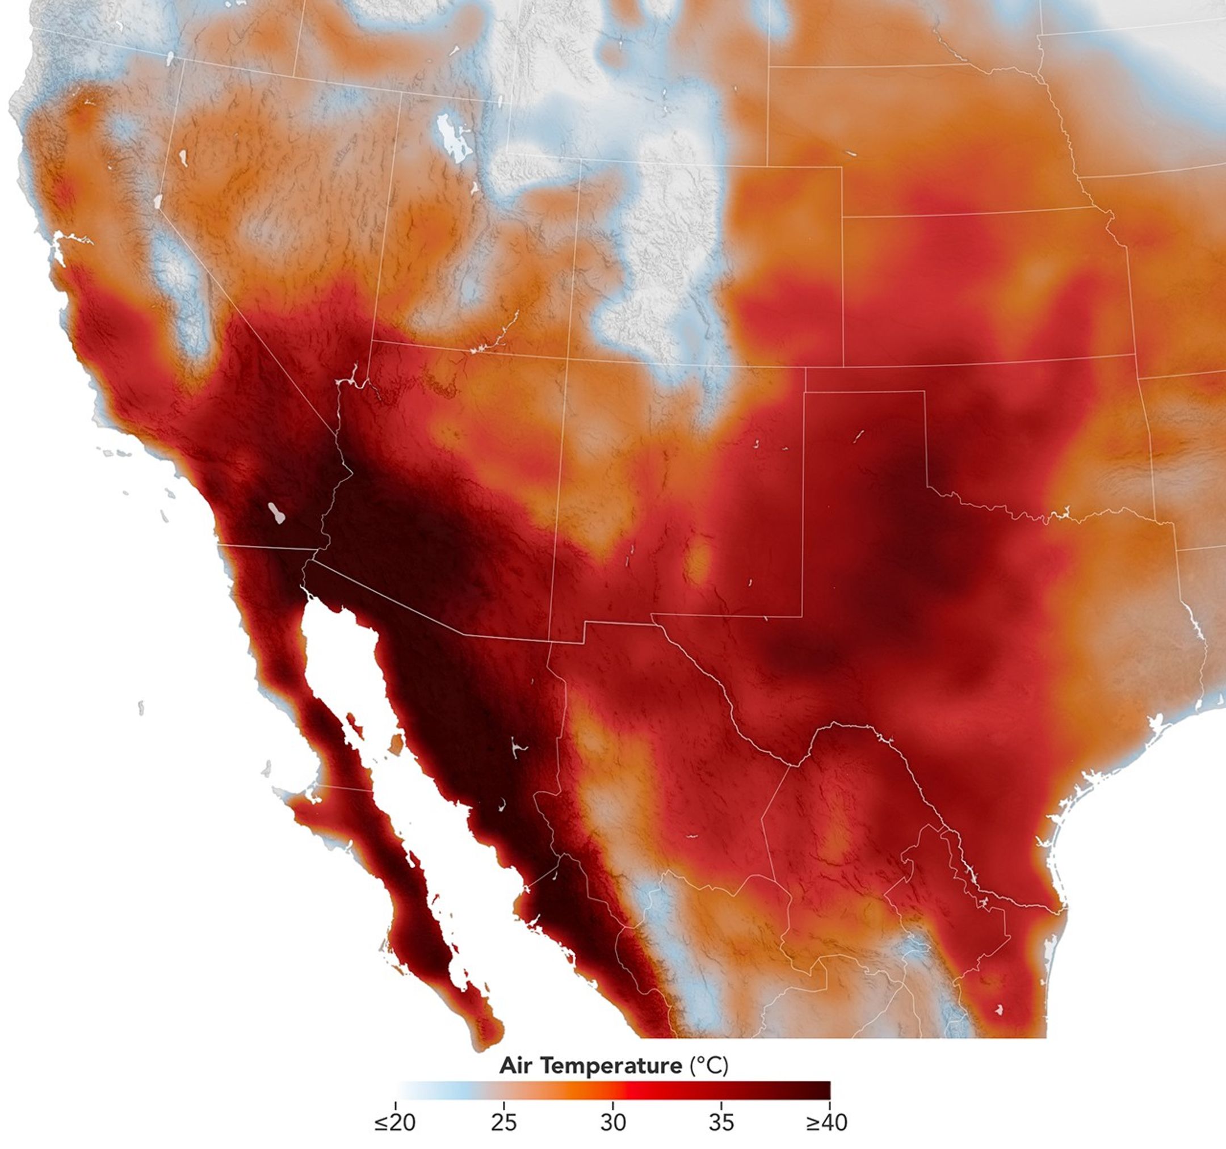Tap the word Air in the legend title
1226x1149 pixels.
[x=515, y=1065]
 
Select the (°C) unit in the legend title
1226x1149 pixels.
[x=708, y=1065]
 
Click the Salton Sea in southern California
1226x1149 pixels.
[x=277, y=513]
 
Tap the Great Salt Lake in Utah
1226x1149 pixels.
[x=451, y=138]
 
